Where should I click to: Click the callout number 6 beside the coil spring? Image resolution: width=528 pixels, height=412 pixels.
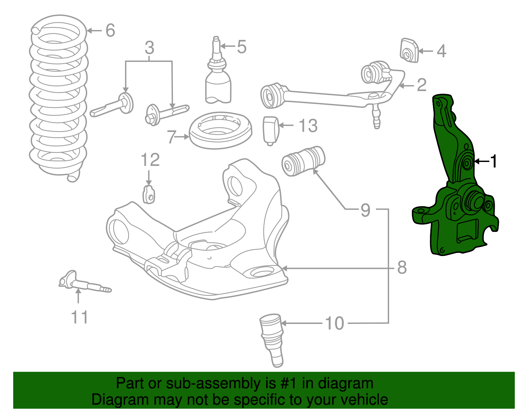tap(110, 30)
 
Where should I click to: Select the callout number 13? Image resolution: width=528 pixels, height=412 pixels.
tap(308, 126)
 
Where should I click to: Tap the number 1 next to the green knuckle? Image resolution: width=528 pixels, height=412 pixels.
tap(493, 161)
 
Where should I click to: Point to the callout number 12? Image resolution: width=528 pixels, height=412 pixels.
tap(150, 160)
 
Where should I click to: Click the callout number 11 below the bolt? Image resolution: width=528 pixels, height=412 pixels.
tap(80, 317)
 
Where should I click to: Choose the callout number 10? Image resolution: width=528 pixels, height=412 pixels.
tap(335, 323)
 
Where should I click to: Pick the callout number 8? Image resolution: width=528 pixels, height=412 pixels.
tap(402, 268)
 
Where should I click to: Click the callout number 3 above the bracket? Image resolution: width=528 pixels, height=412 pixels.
tap(149, 48)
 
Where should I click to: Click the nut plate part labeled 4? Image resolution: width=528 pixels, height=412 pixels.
tap(410, 51)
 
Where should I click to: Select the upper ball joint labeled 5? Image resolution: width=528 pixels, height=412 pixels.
tap(218, 79)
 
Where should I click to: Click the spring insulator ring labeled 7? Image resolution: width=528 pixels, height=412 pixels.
tap(220, 130)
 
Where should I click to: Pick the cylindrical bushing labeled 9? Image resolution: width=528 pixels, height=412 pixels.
tap(303, 160)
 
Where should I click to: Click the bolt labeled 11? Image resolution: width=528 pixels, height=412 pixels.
tap(84, 284)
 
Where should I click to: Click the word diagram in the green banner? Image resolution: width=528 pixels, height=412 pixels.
tap(346, 383)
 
